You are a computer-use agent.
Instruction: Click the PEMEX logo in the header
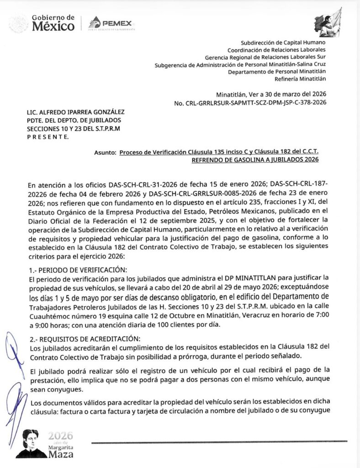111,23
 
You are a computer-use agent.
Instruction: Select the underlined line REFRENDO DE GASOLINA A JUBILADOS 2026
254,160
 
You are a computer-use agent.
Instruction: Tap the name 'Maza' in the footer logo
61,454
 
